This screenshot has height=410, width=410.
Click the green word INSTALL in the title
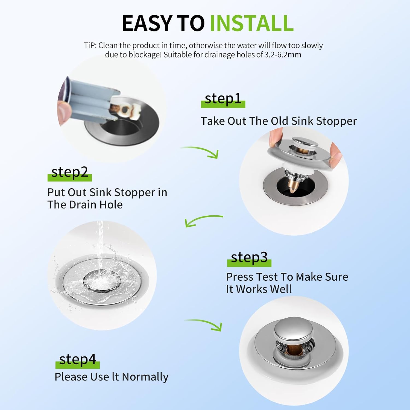[252, 23]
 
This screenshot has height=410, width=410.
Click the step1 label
[223, 99]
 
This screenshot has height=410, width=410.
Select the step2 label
[69, 172]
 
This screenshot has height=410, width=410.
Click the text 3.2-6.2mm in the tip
[283, 55]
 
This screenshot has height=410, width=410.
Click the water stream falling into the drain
[100, 246]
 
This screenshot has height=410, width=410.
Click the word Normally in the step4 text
[145, 377]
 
